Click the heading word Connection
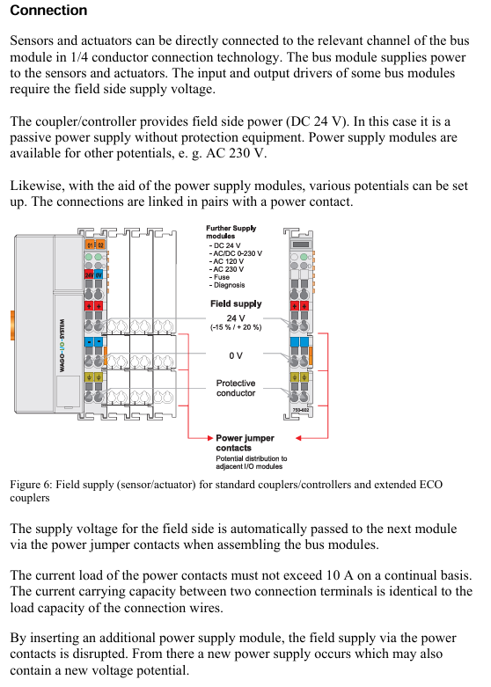click(x=48, y=10)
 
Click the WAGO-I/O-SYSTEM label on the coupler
click(x=62, y=345)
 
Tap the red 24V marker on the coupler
click(x=89, y=275)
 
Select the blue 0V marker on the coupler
click(x=99, y=275)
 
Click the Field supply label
click(x=236, y=303)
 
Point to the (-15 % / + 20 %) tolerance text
click(x=236, y=327)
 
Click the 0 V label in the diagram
click(x=236, y=355)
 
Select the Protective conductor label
click(x=236, y=388)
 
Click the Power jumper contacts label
click(x=245, y=443)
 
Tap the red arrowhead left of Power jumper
click(x=210, y=438)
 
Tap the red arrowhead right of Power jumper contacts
click(x=298, y=438)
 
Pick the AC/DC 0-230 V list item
click(x=236, y=253)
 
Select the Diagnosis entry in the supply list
click(x=227, y=285)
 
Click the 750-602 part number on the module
click(x=301, y=410)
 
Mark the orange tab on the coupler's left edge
click(x=12, y=325)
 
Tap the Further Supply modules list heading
click(x=231, y=231)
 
